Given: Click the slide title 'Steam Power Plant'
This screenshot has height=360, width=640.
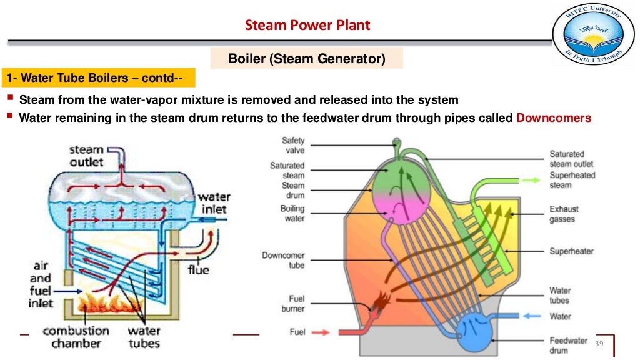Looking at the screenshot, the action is coord(307,25).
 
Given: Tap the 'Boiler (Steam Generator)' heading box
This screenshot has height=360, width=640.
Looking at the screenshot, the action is coord(306,58).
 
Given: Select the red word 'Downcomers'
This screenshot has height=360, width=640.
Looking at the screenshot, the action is coord(554,118).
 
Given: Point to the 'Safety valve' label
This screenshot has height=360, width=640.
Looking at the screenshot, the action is coord(293,145).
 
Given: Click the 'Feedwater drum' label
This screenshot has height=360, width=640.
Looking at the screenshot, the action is coord(567,345).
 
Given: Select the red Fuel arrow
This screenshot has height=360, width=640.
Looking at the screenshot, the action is coord(321,332).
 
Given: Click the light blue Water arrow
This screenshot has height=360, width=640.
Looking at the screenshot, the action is coord(532,316).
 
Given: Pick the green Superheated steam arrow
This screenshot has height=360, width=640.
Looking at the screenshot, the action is coord(531,180).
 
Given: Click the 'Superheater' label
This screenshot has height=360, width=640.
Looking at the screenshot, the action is coord(571,251).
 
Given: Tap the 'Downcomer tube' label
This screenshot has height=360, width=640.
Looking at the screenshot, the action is coord(283,260).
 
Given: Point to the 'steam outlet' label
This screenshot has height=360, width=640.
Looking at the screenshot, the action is coord(86,156).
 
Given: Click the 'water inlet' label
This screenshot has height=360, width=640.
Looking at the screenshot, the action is coord(214,203).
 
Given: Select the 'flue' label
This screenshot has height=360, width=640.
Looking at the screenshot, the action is coord(198,270).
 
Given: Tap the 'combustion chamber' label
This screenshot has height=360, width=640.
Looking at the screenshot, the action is coord(76,337).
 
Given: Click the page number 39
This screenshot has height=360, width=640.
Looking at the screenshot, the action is coord(599,343).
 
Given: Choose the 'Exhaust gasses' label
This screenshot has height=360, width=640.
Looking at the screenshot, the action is coord(564,214).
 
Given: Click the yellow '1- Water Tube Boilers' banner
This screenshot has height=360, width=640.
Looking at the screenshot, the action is coord(98,77).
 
